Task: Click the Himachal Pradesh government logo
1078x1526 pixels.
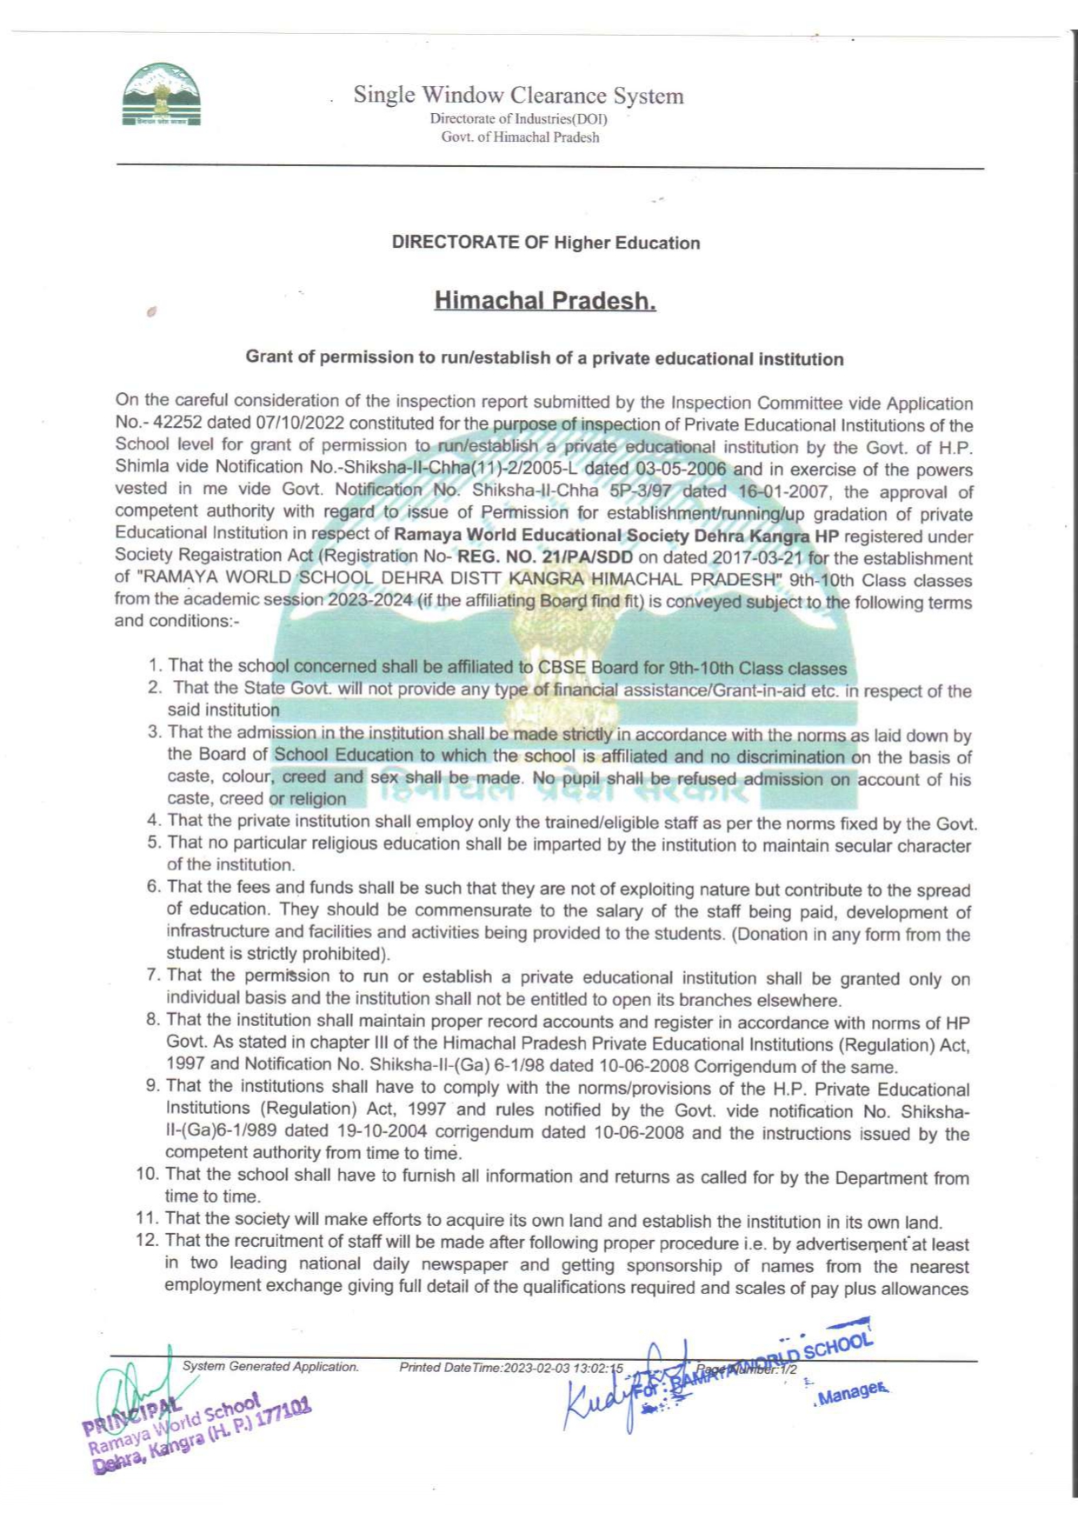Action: pyautogui.click(x=162, y=95)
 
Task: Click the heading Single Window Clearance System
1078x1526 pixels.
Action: pyautogui.click(x=518, y=95)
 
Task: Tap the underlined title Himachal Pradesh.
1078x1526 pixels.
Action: pyautogui.click(x=545, y=301)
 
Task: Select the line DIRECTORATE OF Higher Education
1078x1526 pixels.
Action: pyautogui.click(x=545, y=243)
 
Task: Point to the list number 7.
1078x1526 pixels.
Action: pyautogui.click(x=152, y=975)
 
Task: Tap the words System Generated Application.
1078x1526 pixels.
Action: pyautogui.click(x=270, y=1366)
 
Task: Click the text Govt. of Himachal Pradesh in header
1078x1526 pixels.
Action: pyautogui.click(x=520, y=137)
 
